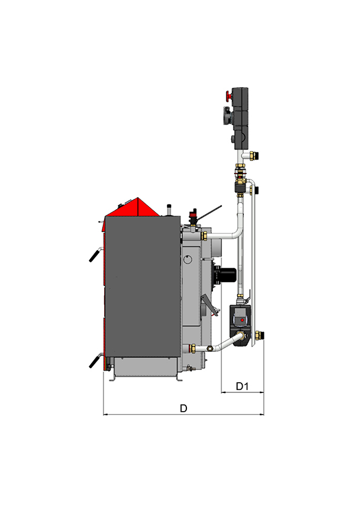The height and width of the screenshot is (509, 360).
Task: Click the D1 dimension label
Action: pyautogui.click(x=242, y=386)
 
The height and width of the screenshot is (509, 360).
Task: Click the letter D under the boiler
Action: pyautogui.click(x=183, y=408)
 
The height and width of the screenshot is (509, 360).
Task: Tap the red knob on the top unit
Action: pyautogui.click(x=229, y=96)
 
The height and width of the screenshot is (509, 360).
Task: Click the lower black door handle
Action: pyautogui.click(x=95, y=360)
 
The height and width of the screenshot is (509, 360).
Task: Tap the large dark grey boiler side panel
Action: pyautogui.click(x=142, y=287)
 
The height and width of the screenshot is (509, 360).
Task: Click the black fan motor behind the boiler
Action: pyautogui.click(x=224, y=274)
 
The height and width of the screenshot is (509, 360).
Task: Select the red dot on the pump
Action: pyautogui.click(x=243, y=320)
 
